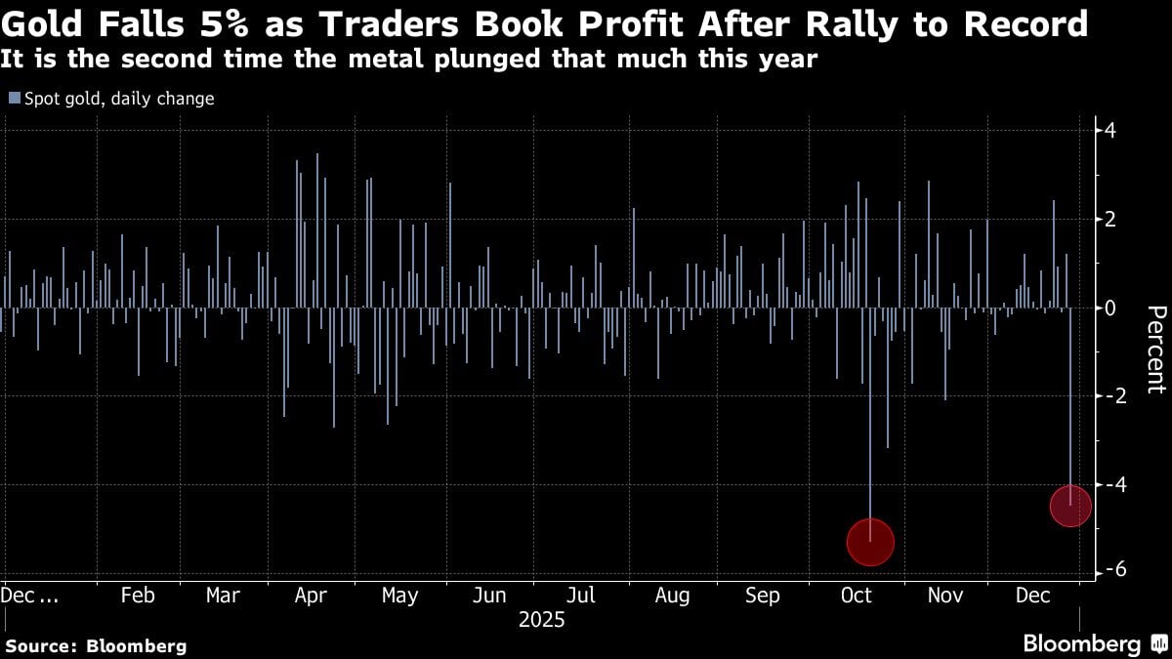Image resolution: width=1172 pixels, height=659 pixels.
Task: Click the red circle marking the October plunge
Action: point(870,542)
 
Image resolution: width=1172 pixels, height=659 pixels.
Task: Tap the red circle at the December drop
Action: point(1070,506)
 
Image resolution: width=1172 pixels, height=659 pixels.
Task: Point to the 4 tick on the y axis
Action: point(1110,131)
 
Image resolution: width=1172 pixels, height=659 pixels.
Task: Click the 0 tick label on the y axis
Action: point(1110,308)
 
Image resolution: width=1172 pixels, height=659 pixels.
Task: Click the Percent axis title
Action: point(1155,350)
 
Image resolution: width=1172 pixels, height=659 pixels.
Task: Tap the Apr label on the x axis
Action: point(311,596)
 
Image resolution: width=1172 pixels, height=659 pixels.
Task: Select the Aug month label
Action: point(672,596)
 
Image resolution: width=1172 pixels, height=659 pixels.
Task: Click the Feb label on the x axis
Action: point(138,596)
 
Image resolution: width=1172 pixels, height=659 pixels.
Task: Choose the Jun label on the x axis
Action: point(490,596)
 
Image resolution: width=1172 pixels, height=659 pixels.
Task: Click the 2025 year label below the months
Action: point(541,620)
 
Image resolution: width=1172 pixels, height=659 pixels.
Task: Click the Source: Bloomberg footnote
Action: point(96,645)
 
